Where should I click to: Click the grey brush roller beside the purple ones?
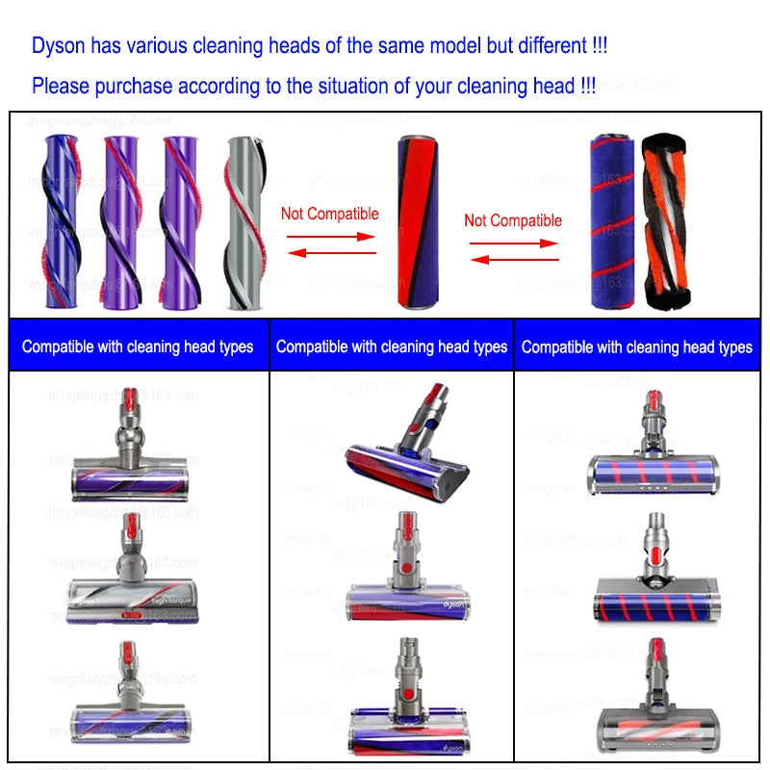[244, 222]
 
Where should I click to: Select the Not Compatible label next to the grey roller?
[329, 214]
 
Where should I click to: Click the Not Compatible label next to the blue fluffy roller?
[513, 220]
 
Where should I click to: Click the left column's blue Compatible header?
[138, 346]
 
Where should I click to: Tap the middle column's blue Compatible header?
[392, 346]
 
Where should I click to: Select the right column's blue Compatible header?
[637, 346]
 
